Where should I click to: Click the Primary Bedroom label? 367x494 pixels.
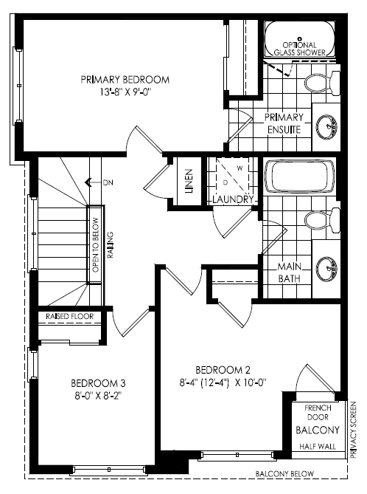coord(125,80)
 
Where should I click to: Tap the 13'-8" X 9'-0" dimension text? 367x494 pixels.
coord(126,92)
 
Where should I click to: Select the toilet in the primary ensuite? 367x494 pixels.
coord(322,83)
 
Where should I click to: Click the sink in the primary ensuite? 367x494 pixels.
coord(326,127)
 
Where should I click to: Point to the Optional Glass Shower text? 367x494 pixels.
coord(300,49)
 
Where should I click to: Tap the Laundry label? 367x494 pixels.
coord(233,199)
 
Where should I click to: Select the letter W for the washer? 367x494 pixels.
coord(240,168)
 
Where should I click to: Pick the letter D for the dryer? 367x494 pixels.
coord(226,182)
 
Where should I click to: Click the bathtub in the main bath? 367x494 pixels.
coord(300,176)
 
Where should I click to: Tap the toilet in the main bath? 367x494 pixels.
coord(322,220)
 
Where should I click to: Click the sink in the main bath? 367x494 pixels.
coord(326,269)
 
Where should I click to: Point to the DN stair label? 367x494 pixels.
coord(108,182)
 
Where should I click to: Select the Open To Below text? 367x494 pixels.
coord(96,245)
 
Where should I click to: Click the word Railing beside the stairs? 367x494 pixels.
coord(110,245)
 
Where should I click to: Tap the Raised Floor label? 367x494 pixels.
coord(70,316)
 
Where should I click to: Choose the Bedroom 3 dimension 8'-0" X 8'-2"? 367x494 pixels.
coord(98,396)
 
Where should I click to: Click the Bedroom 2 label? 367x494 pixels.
coord(223,370)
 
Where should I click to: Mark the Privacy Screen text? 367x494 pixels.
coord(353,430)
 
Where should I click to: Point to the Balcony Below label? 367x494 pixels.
coord(284,473)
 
